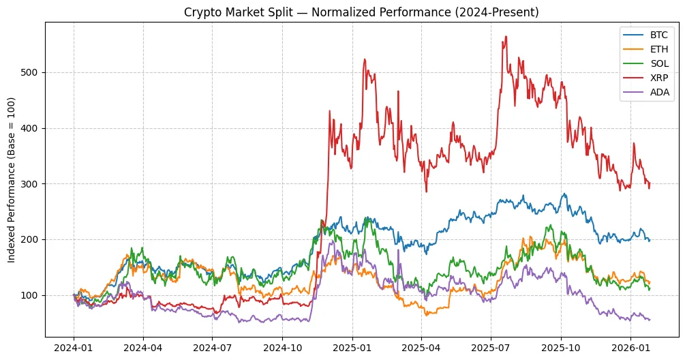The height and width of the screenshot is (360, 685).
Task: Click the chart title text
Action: (x=361, y=12)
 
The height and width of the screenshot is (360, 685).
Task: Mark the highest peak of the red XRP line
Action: (x=505, y=37)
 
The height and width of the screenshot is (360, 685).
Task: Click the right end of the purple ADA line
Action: (x=650, y=319)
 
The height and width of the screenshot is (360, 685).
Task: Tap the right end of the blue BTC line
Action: (x=650, y=240)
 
